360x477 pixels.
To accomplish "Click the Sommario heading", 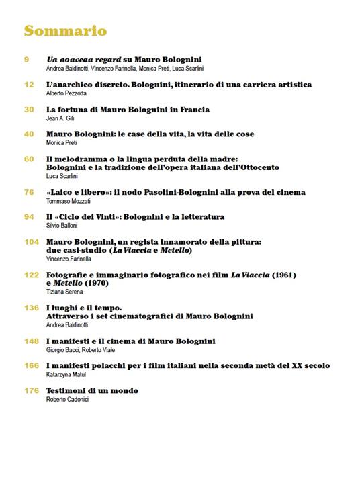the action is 65,31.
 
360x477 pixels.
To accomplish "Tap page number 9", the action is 26,60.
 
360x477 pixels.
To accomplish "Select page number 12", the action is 28,85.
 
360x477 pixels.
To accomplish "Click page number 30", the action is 29,110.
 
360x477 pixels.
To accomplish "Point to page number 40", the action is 29,134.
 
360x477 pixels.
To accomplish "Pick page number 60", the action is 29,159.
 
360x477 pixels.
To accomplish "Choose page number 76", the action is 29,192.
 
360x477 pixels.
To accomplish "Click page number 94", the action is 29,217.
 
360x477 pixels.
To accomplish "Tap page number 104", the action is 31,242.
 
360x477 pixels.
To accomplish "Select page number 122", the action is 31,275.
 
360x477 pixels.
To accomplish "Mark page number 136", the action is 31,308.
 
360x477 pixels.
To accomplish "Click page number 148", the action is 31,341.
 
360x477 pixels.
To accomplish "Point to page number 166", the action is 31,366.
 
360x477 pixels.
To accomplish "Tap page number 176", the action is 31,391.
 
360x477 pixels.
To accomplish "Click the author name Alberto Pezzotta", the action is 66,93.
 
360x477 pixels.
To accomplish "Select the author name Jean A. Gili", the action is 60,118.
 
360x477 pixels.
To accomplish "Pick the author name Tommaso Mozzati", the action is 69,201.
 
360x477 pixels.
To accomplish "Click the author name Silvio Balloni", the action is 62,226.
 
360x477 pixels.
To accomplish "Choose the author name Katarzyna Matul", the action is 66,375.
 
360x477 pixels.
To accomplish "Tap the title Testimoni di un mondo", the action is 92,391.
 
